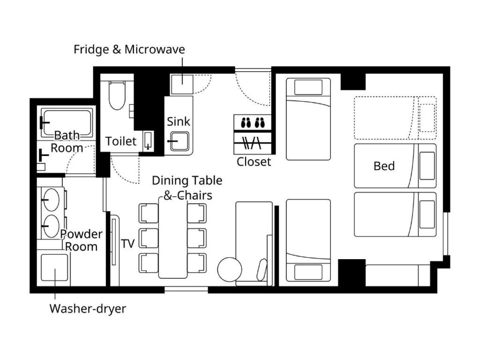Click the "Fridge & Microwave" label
pyautogui.click(x=129, y=49)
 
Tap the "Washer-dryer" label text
pyautogui.click(x=88, y=309)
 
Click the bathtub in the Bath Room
pyautogui.click(x=67, y=124)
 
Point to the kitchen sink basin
pyautogui.click(x=180, y=141)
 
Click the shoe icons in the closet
pyautogui.click(x=252, y=122)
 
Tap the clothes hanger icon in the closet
pyautogui.click(x=252, y=143)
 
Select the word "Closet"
pyautogui.click(x=254, y=162)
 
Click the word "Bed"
pyautogui.click(x=384, y=166)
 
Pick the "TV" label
pyautogui.click(x=128, y=244)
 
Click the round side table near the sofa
pyautogui.click(x=229, y=269)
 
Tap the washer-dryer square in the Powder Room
pyautogui.click(x=54, y=267)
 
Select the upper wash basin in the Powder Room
pyautogui.click(x=51, y=200)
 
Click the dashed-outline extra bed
pyautogui.click(x=395, y=118)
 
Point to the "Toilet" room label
pyautogui.click(x=121, y=141)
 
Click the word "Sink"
pyautogui.click(x=178, y=122)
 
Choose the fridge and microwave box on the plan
pyautogui.click(x=182, y=84)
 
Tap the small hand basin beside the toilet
pyautogui.click(x=148, y=140)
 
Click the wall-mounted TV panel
pyautogui.click(x=114, y=242)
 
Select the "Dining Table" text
pyautogui.click(x=187, y=180)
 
